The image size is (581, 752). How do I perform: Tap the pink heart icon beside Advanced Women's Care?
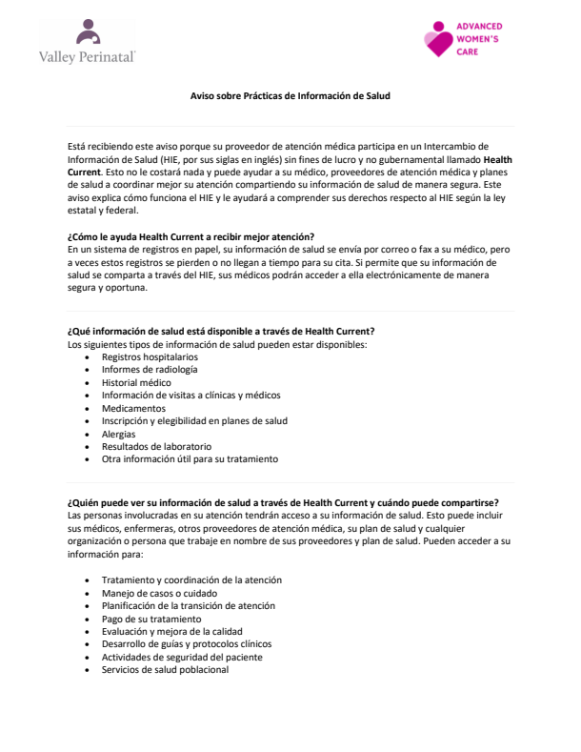point(439,39)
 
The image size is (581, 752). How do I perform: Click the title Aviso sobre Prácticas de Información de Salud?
point(290,96)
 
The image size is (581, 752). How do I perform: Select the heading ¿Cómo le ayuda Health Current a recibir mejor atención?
point(191,236)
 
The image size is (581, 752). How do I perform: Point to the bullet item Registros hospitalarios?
point(144,356)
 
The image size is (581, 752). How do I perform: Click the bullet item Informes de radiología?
point(150,369)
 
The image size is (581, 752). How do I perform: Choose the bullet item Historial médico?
point(136,381)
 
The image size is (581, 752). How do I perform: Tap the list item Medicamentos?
point(133,407)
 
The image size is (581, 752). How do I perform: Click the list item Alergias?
point(119,433)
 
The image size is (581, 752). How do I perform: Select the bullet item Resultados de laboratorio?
point(156,446)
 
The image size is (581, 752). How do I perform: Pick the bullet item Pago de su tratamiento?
point(150,618)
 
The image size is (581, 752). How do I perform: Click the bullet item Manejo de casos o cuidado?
point(160,592)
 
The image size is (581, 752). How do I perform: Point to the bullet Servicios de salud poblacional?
point(165,669)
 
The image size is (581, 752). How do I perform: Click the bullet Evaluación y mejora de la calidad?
point(171,631)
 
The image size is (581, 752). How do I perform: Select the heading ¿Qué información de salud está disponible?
point(221,330)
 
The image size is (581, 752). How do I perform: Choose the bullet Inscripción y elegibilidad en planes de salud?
point(194,420)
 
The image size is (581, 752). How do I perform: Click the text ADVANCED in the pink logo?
point(481,27)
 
